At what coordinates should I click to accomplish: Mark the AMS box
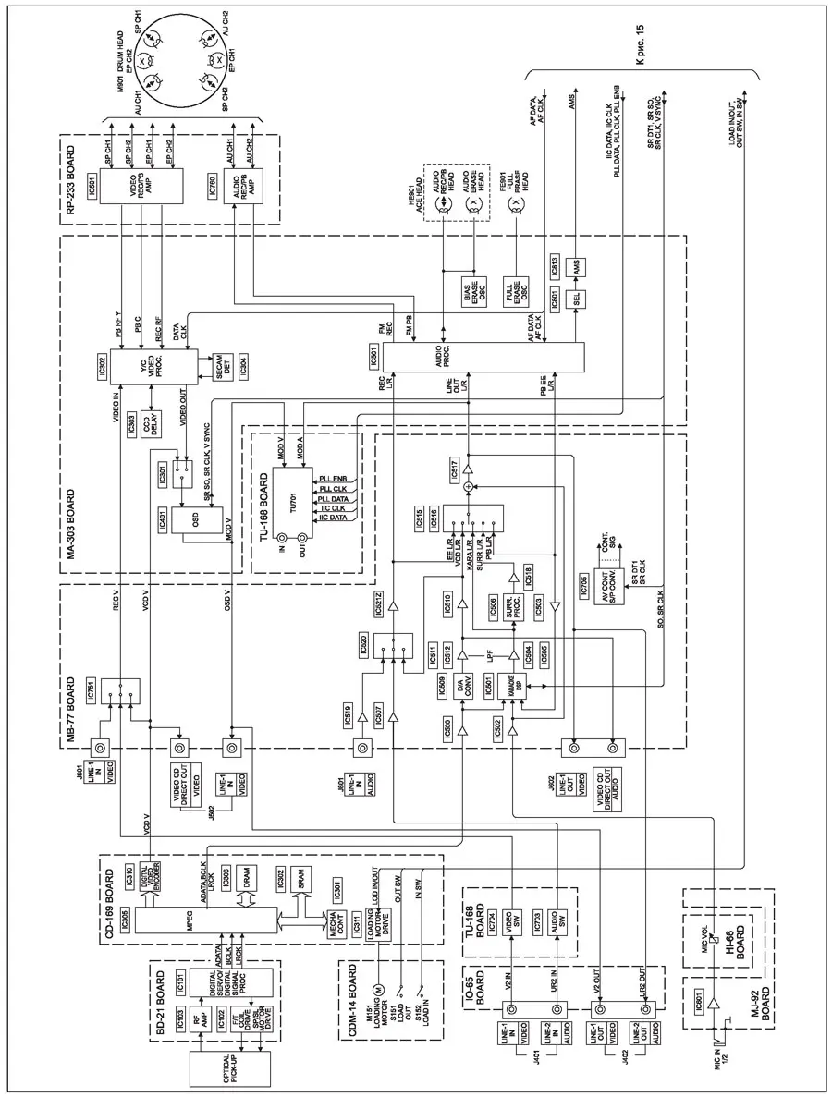[x=571, y=266]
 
